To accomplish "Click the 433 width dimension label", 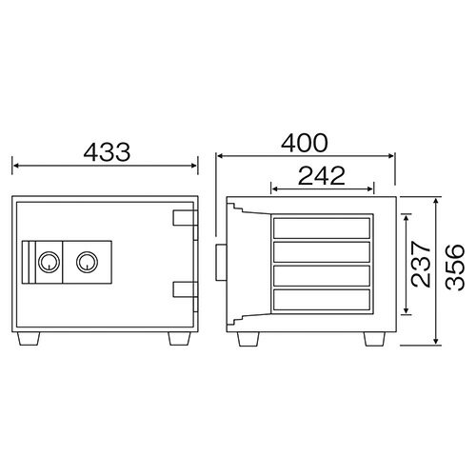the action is coord(107,152).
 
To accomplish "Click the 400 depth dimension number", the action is coord(305,143).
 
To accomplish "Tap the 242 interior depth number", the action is coord(322,175).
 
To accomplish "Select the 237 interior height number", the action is coord(421,264).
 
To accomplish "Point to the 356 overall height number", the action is coord(455,268).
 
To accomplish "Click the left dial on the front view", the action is coord(49,262).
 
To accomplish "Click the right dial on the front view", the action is coord(87,262).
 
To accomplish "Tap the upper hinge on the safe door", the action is coord(186,218).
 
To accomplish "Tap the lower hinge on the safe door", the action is coord(186,289).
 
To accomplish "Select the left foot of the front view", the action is coord(29,339).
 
